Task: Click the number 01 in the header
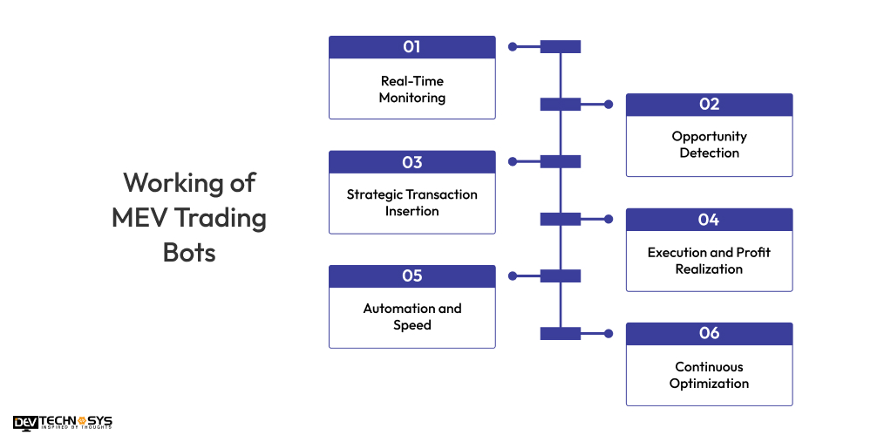pyautogui.click(x=411, y=47)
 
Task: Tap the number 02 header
pyautogui.click(x=709, y=105)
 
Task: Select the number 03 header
pyautogui.click(x=411, y=162)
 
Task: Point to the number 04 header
pyautogui.click(x=709, y=220)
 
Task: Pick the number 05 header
pyautogui.click(x=411, y=276)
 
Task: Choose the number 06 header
pyautogui.click(x=709, y=334)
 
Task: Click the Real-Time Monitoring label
pyautogui.click(x=411, y=89)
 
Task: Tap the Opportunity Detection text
pyautogui.click(x=709, y=145)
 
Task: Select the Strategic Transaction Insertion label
pyautogui.click(x=411, y=202)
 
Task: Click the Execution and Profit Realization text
pyautogui.click(x=709, y=261)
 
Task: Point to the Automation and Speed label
pyautogui.click(x=411, y=316)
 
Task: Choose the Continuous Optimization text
pyautogui.click(x=709, y=375)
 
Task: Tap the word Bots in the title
pyautogui.click(x=189, y=253)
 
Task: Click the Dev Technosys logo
pyautogui.click(x=63, y=423)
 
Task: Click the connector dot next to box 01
pyautogui.click(x=513, y=47)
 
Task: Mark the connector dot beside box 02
pyautogui.click(x=609, y=105)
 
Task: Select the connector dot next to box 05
pyautogui.click(x=513, y=276)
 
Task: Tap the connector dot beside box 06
pyautogui.click(x=609, y=334)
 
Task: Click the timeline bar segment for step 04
pyautogui.click(x=560, y=219)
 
